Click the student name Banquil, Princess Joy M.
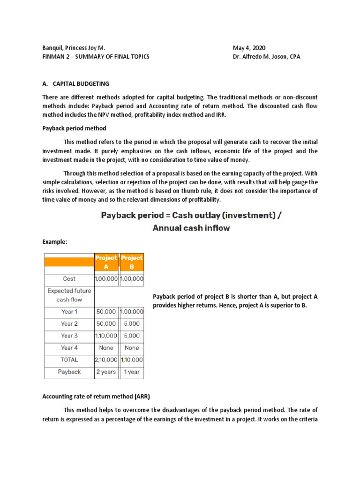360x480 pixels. pyautogui.click(x=74, y=48)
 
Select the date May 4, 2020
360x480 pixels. pyautogui.click(x=249, y=48)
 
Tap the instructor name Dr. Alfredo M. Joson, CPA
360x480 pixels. pyautogui.click(x=266, y=57)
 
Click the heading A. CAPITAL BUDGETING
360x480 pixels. pyautogui.click(x=75, y=83)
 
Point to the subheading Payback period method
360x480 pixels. pyautogui.click(x=74, y=128)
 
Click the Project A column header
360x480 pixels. pyautogui.click(x=106, y=262)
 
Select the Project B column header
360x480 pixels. pyautogui.click(x=132, y=262)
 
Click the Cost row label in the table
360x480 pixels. pyautogui.click(x=69, y=278)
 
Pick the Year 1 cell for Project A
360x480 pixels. pyautogui.click(x=106, y=312)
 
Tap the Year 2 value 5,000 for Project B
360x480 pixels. pyautogui.click(x=132, y=324)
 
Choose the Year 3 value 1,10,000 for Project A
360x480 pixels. pyautogui.click(x=106, y=336)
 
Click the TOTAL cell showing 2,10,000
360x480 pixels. pyautogui.click(x=106, y=360)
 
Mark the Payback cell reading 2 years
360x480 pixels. pyautogui.click(x=106, y=372)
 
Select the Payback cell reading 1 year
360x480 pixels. pyautogui.click(x=132, y=372)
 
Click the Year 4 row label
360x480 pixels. pyautogui.click(x=69, y=348)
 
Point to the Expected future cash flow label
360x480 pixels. pyautogui.click(x=69, y=295)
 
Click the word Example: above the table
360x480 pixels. pyautogui.click(x=55, y=242)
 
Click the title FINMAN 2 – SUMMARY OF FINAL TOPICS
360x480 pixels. pyautogui.click(x=96, y=57)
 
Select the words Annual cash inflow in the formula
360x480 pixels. pyautogui.click(x=191, y=228)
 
